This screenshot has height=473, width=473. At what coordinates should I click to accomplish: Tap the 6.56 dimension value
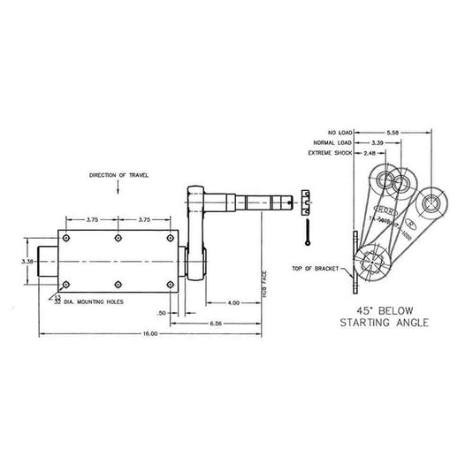click(x=215, y=323)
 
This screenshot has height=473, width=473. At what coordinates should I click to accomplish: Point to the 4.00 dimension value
click(x=233, y=304)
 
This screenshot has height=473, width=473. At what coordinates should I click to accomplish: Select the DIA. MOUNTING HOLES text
click(x=93, y=301)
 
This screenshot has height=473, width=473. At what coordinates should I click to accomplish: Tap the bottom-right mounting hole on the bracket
click(x=169, y=285)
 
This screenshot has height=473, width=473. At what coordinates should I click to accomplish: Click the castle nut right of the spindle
click(x=305, y=202)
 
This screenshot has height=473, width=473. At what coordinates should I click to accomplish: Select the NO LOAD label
click(x=339, y=129)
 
